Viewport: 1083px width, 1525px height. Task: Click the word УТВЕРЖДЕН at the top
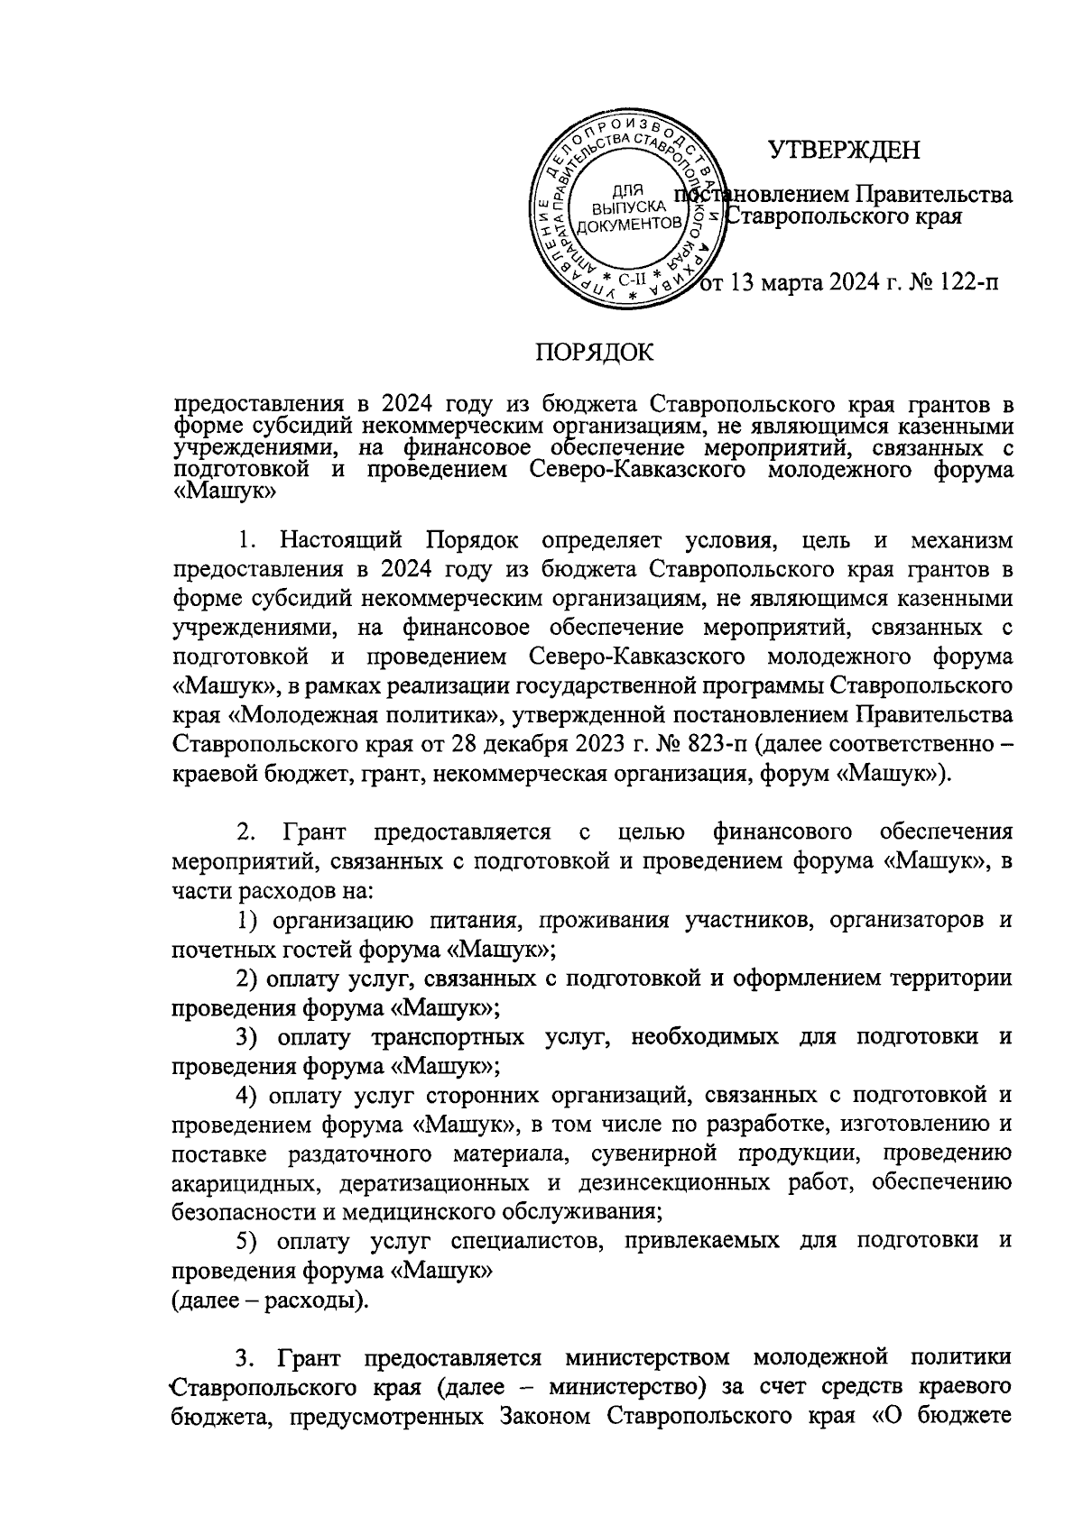[x=844, y=150]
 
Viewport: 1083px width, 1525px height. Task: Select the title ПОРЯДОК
[x=596, y=353]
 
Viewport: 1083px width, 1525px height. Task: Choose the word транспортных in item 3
[x=446, y=1037]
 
